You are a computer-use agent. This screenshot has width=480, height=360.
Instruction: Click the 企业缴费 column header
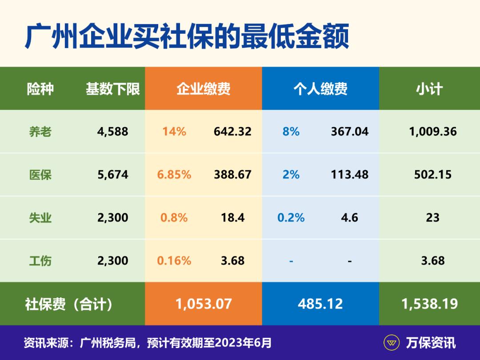click(204, 89)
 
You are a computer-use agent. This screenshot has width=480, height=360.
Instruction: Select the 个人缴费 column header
click(320, 89)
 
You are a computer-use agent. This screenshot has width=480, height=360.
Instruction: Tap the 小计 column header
click(429, 89)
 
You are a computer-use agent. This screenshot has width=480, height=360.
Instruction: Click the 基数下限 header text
click(113, 89)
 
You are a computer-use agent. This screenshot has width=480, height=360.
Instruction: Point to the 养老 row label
click(40, 132)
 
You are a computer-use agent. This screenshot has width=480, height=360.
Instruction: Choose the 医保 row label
click(40, 175)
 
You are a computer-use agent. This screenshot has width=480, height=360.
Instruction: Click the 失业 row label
click(40, 218)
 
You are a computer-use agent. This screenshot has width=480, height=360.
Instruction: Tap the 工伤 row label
click(40, 260)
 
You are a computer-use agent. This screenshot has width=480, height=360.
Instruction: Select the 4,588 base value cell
click(113, 132)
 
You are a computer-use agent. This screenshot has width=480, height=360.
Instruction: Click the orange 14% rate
click(174, 132)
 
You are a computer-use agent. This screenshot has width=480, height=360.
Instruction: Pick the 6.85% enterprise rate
click(174, 175)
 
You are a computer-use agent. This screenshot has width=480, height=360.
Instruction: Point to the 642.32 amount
click(232, 132)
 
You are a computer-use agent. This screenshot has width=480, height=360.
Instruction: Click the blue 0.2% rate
click(291, 218)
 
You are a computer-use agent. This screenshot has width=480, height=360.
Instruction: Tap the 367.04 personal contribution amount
click(350, 132)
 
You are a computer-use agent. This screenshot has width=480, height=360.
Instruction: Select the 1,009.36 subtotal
click(433, 132)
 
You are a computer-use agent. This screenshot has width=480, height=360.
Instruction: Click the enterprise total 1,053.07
click(204, 304)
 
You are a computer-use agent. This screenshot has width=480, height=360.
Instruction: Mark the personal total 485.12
click(320, 304)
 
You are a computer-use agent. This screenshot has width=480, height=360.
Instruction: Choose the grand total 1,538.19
click(429, 304)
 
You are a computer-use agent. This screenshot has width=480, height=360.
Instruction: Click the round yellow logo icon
click(392, 343)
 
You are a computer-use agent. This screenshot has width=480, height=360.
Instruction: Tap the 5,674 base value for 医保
click(113, 175)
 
